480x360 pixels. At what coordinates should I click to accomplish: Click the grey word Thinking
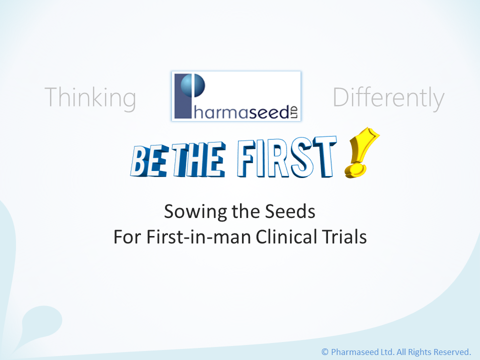pos(90,98)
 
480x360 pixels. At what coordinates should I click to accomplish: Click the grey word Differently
pos(388,98)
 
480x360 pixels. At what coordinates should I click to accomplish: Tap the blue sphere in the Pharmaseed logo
pos(192,85)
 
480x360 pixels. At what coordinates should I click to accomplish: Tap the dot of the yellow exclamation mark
pos(355,170)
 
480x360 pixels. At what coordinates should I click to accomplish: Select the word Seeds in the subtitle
pos(290,211)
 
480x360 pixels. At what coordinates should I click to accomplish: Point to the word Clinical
pos(286,237)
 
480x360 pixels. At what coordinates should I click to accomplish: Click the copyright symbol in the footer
pos(325,352)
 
